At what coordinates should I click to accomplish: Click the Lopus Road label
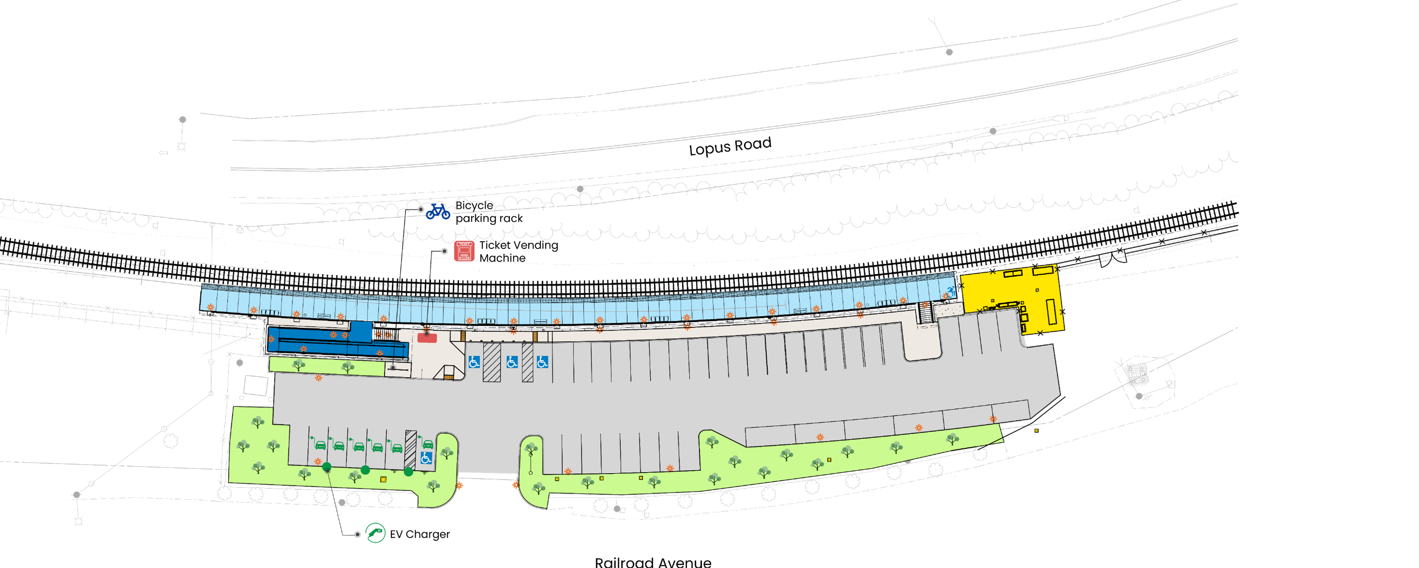point(730,146)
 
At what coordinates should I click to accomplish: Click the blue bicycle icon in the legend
point(438,211)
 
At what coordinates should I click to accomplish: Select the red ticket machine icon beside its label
point(464,251)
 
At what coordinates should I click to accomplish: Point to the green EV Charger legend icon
point(375,533)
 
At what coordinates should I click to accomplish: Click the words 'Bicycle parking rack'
point(489,212)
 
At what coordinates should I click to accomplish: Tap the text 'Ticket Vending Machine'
point(518,251)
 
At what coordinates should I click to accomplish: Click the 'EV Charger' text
point(420,534)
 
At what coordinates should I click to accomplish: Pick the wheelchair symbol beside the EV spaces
point(426,458)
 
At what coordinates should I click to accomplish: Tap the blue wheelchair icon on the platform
point(951,291)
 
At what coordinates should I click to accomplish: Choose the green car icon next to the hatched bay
point(427,443)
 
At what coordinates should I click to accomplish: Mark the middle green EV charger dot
point(365,470)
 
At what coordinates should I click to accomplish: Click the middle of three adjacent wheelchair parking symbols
point(512,362)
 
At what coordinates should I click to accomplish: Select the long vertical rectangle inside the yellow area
point(1051,311)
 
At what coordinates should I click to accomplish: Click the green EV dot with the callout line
point(327,467)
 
